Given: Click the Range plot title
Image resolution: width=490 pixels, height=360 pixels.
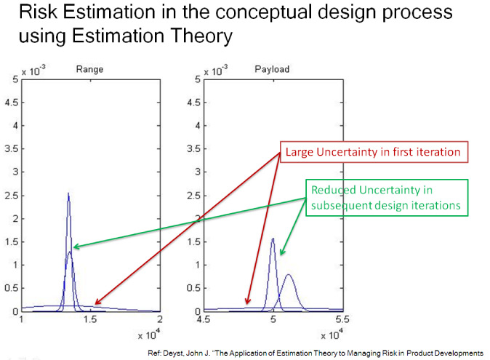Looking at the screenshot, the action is tap(89, 69).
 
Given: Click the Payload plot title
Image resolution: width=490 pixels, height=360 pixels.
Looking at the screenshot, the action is tap(272, 69).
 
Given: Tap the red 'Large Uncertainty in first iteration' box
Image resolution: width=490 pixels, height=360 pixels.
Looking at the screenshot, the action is tap(374, 152).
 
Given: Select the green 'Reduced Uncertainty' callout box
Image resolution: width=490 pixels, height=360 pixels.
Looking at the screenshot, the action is tap(387, 198).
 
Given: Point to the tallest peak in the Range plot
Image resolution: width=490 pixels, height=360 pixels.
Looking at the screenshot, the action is tap(68, 193).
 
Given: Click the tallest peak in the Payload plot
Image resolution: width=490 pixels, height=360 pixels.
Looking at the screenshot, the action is tap(273, 239).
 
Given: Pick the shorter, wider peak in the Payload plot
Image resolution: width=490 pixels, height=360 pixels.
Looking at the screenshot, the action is tap(289, 276).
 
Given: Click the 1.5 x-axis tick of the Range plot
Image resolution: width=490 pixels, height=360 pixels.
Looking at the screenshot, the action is tap(90, 320).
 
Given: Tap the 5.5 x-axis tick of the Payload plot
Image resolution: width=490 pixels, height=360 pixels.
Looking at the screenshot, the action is tap(342, 320).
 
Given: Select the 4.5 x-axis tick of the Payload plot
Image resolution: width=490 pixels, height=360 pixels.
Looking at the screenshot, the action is tap(204, 320).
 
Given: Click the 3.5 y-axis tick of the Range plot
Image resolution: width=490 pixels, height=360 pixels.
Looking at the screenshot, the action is tap(11, 149).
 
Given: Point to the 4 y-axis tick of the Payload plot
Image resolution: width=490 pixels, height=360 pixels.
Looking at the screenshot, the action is tap(198, 126).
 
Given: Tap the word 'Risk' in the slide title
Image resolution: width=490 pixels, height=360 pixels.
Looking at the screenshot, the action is tap(38, 12).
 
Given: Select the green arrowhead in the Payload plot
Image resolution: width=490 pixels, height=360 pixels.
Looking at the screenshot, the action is tap(282, 252).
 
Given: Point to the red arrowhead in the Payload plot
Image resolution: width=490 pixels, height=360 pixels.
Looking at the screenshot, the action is tap(247, 300).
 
